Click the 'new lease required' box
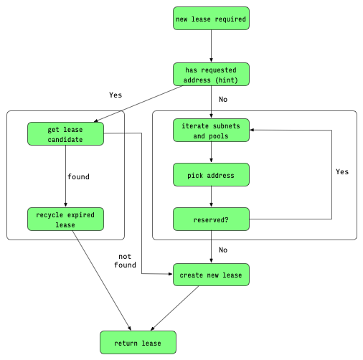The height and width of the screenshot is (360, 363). pos(211,18)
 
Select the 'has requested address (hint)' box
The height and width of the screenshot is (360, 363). pos(211,75)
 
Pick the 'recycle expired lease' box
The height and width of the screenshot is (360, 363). pos(65,219)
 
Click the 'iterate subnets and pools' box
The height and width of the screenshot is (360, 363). pos(211,130)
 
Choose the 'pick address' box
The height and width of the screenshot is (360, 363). pos(211,174)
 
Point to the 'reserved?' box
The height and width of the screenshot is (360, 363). pos(211,219)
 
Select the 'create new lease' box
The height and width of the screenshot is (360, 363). pos(211,275)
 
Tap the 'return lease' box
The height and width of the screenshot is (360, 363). pos(137,342)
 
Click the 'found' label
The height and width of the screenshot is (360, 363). pos(78,176)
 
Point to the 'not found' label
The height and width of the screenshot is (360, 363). pos(125,260)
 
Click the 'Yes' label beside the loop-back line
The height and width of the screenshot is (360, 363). pos(342,172)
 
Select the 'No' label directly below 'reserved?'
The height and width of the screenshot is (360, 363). pos(222,250)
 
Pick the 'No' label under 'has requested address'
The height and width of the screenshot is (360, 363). pos(222,100)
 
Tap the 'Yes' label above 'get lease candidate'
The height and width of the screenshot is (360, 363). pos(115,95)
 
